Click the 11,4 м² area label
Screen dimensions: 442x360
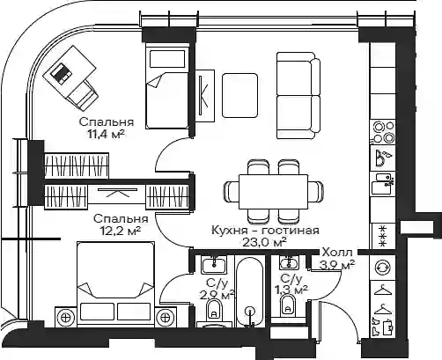(106, 135)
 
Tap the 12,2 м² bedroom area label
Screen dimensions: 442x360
(121, 231)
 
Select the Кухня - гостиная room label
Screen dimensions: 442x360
(265, 230)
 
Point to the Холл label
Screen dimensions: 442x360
(337, 252)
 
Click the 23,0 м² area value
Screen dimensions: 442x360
(264, 242)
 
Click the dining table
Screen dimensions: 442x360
(273, 192)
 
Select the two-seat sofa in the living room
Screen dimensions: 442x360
(298, 96)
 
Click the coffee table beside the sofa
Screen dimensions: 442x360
(239, 96)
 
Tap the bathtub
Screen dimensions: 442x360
(250, 291)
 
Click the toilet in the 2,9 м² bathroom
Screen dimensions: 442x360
(214, 310)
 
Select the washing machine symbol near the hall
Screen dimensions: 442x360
(383, 268)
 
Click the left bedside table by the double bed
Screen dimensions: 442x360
(66, 317)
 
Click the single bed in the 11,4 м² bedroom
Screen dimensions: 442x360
(167, 85)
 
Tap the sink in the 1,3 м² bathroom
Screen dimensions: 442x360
(290, 261)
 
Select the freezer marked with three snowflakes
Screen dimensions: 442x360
(383, 236)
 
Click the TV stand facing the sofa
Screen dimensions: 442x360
(204, 96)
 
